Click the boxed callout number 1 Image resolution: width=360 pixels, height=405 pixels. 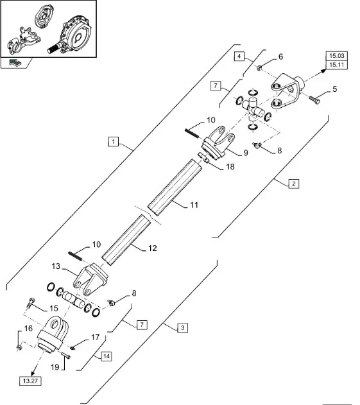coord(113,142)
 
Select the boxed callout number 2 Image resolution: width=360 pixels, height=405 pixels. coord(294,184)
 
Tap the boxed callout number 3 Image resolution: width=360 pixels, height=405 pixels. coord(183,328)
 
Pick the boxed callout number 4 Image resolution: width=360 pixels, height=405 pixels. coord(239,56)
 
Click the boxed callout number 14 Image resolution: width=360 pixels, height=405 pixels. coord(107,356)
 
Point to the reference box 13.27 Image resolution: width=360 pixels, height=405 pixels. coord(30,381)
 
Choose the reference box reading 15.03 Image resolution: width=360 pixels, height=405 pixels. coord(336,56)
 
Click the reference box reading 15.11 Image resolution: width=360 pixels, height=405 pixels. coord(336,65)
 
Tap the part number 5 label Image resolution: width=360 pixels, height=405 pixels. coord(335,89)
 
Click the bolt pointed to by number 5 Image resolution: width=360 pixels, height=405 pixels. coord(314,99)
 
